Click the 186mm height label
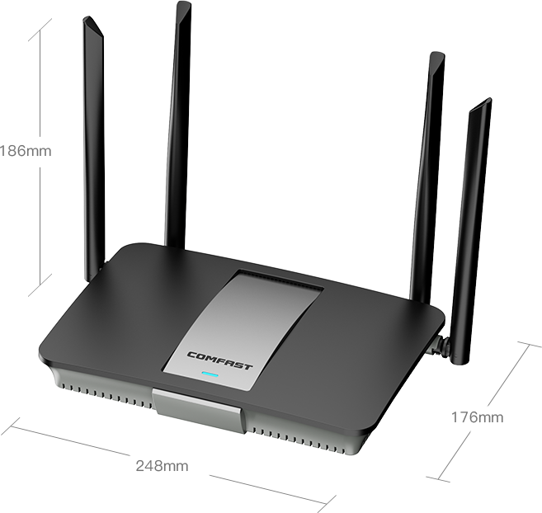pyautogui.click(x=25, y=151)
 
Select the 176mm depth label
pyautogui.click(x=476, y=417)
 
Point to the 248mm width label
pyautogui.click(x=162, y=466)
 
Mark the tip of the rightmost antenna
pyautogui.click(x=483, y=103)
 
